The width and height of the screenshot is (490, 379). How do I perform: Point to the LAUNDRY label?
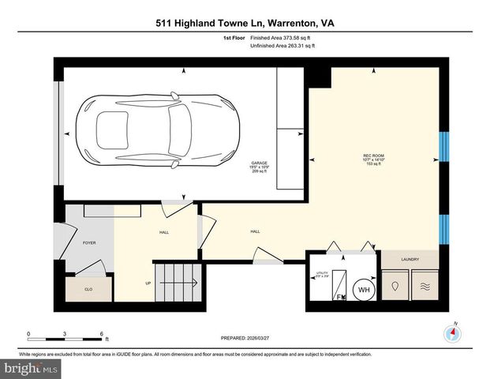[409, 259]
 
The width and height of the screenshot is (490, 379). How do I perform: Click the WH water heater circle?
[364, 291]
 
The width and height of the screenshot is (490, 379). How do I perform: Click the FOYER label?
[89, 243]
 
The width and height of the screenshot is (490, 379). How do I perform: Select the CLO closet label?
[88, 291]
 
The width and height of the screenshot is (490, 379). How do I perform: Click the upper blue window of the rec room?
[443, 147]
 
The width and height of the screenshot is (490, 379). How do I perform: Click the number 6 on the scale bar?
[102, 334]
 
